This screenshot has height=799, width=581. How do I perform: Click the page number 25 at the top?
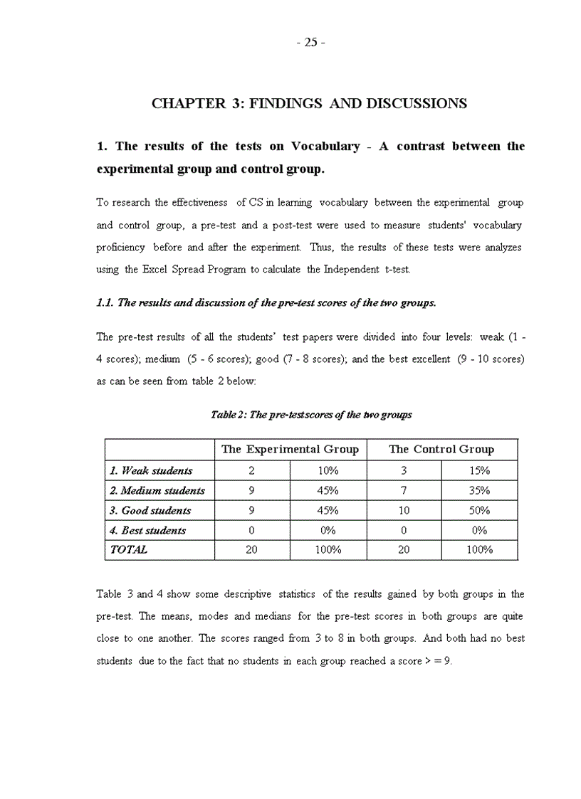(x=310, y=42)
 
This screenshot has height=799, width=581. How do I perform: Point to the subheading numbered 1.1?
(x=266, y=302)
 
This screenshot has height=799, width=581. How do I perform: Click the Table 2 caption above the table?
(x=311, y=414)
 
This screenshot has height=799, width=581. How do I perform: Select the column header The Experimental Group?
(x=290, y=450)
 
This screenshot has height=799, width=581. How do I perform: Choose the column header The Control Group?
(x=441, y=450)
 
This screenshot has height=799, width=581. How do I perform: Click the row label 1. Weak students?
(x=151, y=470)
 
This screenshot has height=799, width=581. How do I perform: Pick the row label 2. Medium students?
(x=157, y=490)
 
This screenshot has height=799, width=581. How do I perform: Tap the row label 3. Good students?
(x=150, y=510)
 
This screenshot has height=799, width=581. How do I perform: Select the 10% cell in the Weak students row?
(x=328, y=470)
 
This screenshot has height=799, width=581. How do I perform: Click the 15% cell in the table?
(x=479, y=470)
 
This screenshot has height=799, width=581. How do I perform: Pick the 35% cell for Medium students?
(x=479, y=490)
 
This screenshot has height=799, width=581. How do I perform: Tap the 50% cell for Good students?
(x=479, y=510)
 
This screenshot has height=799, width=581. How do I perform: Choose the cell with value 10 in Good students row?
(x=404, y=510)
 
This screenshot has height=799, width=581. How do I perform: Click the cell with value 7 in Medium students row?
(x=404, y=490)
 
